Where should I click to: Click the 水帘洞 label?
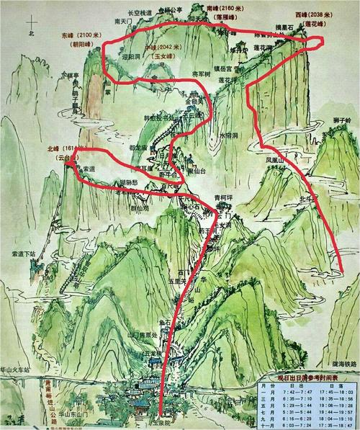tap(229, 135)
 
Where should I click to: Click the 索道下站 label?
tap(24, 254)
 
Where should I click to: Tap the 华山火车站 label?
tap(19, 370)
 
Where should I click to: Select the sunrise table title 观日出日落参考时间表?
tap(307, 377)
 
